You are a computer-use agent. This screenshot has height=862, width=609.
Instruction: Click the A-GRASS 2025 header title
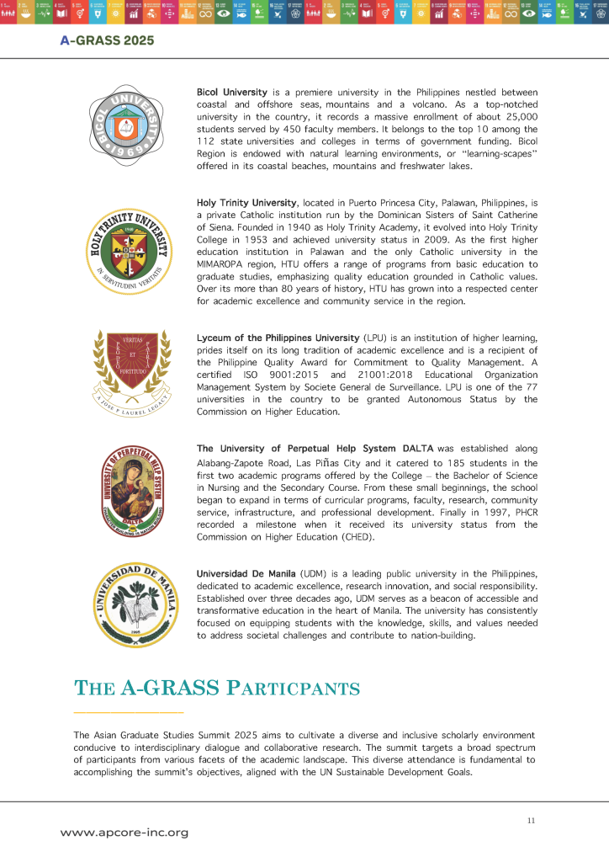coord(107,40)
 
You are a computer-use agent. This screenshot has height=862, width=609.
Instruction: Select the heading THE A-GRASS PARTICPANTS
coord(217,688)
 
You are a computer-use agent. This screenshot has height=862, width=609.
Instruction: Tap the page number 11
coord(531,821)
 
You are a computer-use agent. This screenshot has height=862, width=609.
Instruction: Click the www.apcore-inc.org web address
coord(124,832)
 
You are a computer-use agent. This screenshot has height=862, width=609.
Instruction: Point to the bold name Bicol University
coord(231,92)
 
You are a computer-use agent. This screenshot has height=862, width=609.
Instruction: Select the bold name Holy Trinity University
coord(246,203)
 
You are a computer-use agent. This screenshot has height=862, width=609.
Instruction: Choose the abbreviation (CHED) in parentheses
coord(357,537)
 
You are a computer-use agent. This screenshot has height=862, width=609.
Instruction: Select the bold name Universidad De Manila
coord(246,572)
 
